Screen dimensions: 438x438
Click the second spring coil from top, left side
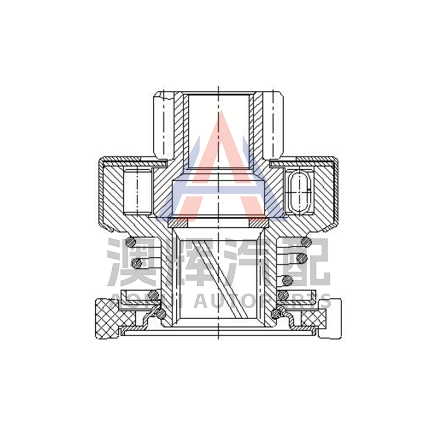point(137,263)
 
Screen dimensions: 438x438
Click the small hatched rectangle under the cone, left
point(177,223)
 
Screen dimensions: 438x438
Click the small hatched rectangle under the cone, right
point(258,223)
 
